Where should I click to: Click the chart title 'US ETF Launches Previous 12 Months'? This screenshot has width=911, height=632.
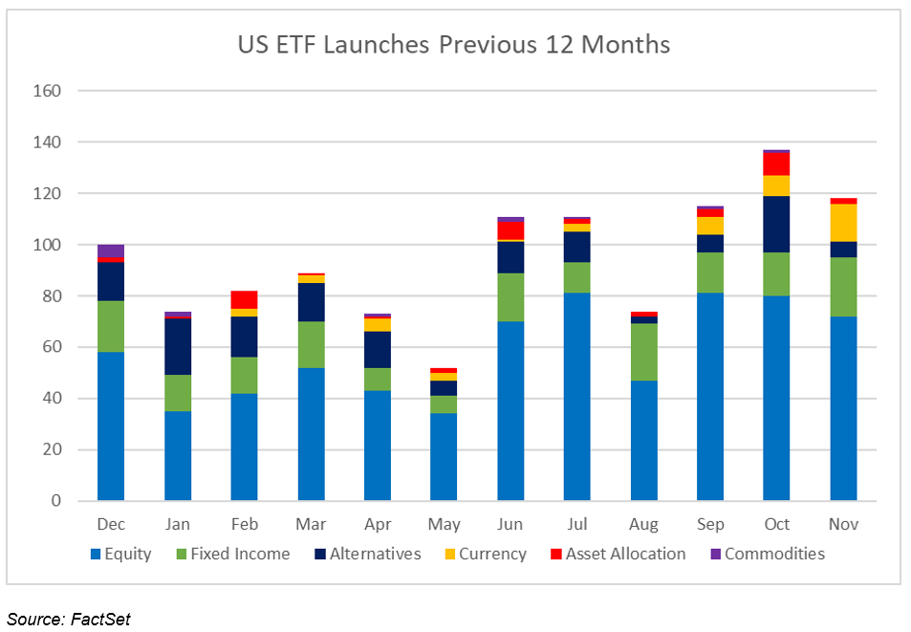pos(454,45)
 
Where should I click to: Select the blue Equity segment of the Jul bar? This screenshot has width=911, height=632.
pos(576,397)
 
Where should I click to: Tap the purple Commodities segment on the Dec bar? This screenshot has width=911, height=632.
pos(111,251)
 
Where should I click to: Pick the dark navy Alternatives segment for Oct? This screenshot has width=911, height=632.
pos(776,225)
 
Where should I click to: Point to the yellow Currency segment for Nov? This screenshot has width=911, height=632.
pos(843,223)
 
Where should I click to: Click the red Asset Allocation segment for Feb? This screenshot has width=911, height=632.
pos(244,299)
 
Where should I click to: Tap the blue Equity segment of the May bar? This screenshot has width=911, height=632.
pos(444,457)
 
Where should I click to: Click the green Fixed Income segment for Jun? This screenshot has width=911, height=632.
pos(510,297)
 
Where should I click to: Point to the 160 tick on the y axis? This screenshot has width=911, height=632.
pos(48,91)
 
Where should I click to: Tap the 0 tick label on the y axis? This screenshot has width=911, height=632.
pos(56,501)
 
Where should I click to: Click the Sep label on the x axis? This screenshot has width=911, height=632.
pos(710,525)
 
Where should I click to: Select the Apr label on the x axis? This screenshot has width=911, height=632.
pos(378,525)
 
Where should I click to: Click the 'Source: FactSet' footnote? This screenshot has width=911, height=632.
pos(68,619)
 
